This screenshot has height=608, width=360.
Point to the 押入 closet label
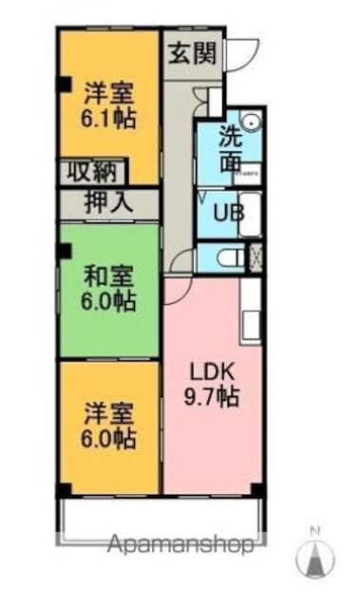click(x=110, y=202)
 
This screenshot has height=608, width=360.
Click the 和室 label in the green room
click(x=108, y=276)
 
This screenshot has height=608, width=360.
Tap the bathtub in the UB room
click(x=250, y=216)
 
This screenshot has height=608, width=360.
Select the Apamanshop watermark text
click(x=180, y=545)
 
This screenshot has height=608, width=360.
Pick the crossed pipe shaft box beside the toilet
click(x=255, y=256)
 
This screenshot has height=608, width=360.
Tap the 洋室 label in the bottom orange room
click(x=108, y=414)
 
